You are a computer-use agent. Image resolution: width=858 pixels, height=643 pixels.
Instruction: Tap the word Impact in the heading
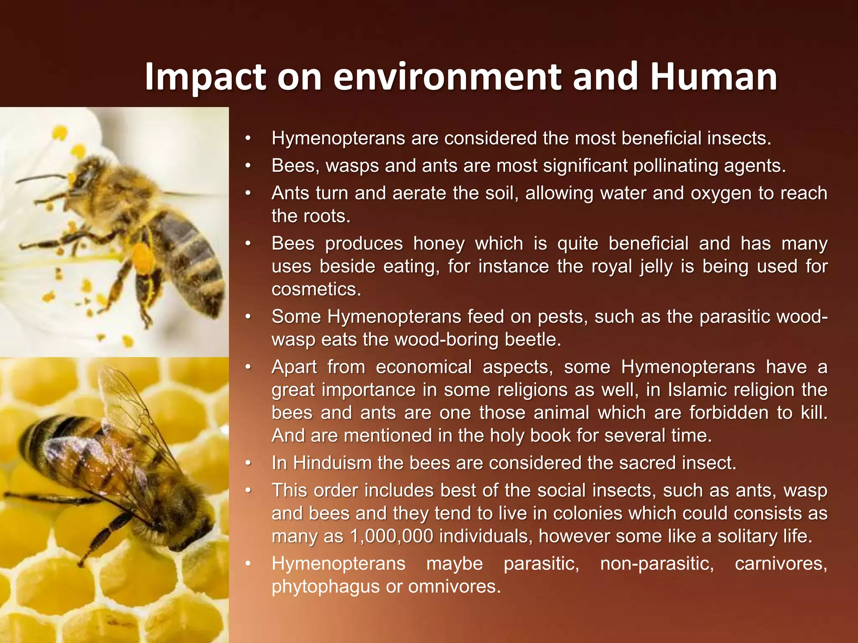(205, 78)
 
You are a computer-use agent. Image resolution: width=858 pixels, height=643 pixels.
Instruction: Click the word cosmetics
(316, 289)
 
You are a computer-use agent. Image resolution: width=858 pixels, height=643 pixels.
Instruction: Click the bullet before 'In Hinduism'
(248, 463)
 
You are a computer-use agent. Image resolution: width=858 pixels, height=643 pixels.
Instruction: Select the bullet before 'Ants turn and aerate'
(248, 193)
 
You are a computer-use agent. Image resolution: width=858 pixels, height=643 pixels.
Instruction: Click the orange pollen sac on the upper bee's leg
(142, 257)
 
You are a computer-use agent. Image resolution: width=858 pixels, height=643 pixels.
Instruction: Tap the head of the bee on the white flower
(84, 176)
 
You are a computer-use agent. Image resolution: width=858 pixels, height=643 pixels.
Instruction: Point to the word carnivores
(780, 563)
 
